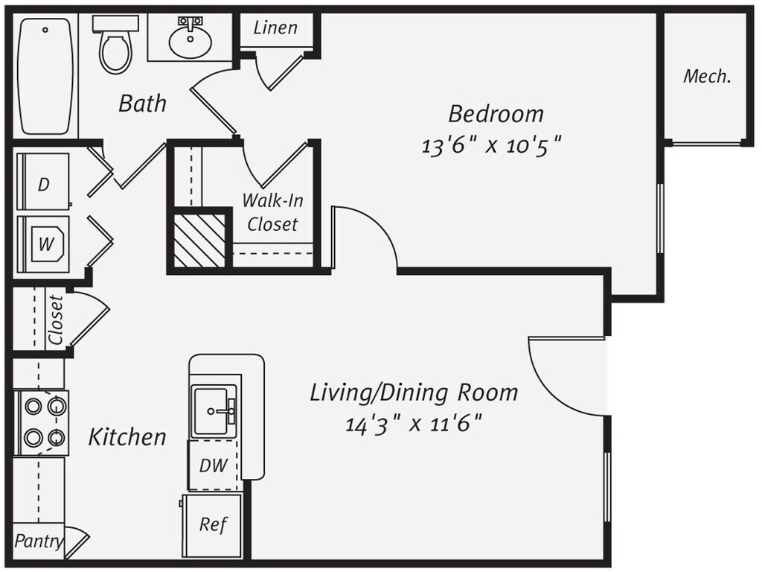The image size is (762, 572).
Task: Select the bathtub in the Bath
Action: (x=46, y=75)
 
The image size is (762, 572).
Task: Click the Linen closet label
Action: (x=275, y=28)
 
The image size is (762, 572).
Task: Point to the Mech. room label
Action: (x=707, y=76)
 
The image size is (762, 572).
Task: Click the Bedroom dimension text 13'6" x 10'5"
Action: (x=491, y=145)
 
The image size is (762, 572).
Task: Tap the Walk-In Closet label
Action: (x=272, y=212)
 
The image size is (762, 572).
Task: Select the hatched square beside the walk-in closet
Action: (x=199, y=239)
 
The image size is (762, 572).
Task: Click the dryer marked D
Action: (x=43, y=184)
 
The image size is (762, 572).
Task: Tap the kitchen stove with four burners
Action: (x=42, y=422)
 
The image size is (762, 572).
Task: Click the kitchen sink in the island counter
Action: (x=214, y=410)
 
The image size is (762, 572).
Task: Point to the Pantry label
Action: (x=39, y=541)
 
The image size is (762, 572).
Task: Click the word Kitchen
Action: (x=127, y=437)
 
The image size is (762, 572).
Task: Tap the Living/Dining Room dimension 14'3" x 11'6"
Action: (x=413, y=425)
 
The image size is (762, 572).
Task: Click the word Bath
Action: (x=142, y=104)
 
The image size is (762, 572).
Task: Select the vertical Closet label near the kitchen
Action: (x=55, y=320)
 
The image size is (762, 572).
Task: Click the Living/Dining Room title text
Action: (x=414, y=392)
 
